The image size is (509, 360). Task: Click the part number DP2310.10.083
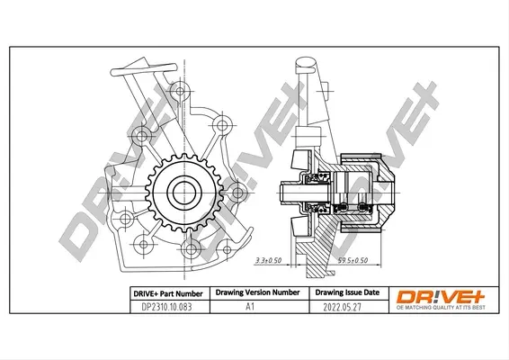click(166, 307)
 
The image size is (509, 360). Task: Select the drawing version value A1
click(250, 306)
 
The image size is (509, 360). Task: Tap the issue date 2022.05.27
click(342, 307)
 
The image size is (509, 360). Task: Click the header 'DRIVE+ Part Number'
click(168, 293)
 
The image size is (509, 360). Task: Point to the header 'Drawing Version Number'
click(257, 292)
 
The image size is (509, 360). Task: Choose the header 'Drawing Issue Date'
click(347, 292)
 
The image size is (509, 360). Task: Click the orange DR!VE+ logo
click(440, 297)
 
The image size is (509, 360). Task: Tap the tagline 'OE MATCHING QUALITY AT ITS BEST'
click(441, 308)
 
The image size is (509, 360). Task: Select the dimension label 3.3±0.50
click(269, 260)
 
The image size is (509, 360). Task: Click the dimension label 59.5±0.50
click(353, 260)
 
